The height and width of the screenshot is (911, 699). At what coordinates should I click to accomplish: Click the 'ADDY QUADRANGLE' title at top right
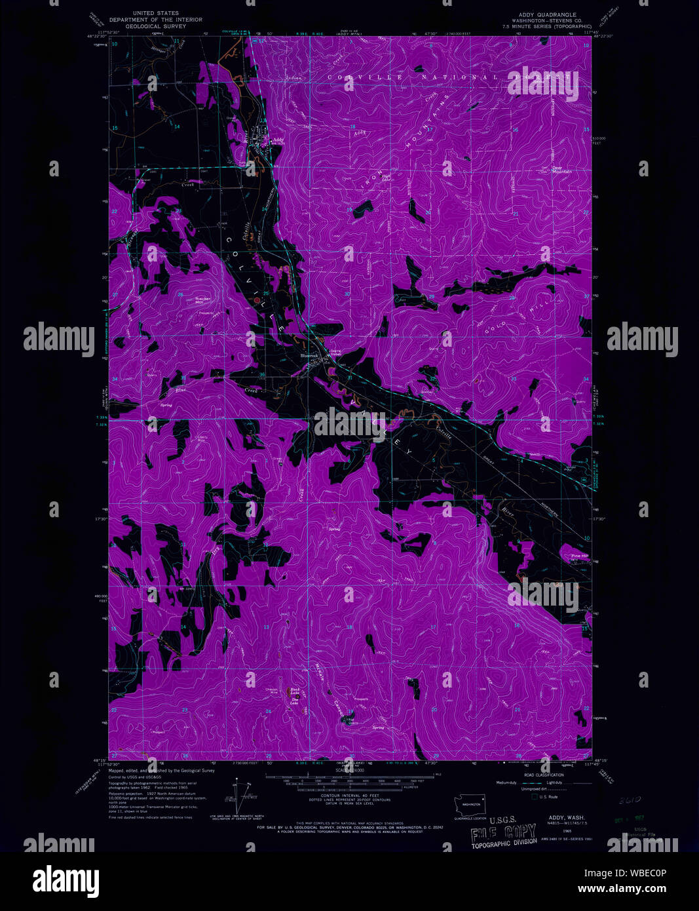pos(547,14)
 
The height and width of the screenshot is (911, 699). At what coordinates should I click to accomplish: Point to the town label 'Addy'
pos(278,140)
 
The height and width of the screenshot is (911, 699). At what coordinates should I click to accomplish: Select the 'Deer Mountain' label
pos(561,169)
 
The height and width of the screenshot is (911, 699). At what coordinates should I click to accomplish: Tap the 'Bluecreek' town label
pos(309,356)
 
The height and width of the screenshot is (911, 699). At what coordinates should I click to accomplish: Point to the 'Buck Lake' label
pos(295,691)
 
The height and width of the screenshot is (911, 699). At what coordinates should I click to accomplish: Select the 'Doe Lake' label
pos(295,701)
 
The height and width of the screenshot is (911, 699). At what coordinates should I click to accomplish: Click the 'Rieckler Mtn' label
pos(203,300)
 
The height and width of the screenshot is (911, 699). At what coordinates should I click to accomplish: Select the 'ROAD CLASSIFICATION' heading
pos(540,775)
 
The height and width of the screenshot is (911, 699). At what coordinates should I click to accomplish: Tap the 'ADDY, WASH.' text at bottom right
pos(562,818)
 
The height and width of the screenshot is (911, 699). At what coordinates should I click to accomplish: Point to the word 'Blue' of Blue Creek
pos(181,391)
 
